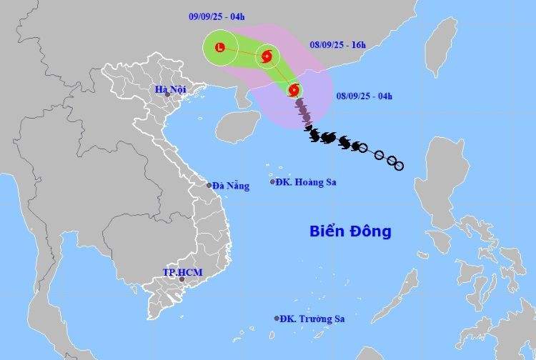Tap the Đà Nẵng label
click(232, 186)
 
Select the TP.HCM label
click(178, 272)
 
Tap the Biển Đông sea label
click(350, 231)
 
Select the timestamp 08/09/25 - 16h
click(339, 44)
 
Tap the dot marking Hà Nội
click(168, 94)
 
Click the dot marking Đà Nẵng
click(209, 186)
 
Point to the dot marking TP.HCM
click(182, 279)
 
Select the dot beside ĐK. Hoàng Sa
click(272, 181)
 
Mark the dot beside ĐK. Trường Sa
click(277, 319)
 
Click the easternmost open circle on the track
click(399, 166)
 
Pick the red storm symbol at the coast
click(293, 90)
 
